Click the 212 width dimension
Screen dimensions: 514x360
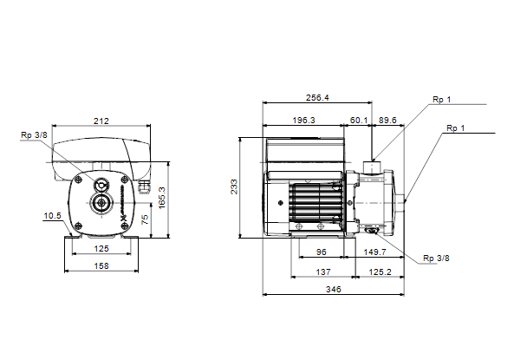[101, 121]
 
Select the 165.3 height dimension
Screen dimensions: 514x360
[162, 198]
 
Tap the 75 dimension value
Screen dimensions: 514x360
[145, 219]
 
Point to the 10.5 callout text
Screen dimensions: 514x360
[53, 216]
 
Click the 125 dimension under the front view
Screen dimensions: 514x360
[101, 249]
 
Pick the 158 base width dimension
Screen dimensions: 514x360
[101, 265]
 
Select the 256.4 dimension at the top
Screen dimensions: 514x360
[317, 98]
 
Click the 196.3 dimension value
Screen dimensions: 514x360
[303, 121]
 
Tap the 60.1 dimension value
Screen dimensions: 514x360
[359, 121]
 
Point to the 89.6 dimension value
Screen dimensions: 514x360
[387, 121]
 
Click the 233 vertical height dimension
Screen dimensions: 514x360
[234, 187]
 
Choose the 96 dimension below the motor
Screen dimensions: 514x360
[322, 252]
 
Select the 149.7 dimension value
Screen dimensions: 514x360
[374, 252]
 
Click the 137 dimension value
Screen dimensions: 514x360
[323, 272]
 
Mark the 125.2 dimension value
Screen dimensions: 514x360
[380, 272]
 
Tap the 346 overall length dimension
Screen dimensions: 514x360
[334, 290]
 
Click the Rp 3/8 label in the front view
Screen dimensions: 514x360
[34, 134]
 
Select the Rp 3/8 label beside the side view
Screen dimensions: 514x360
[436, 259]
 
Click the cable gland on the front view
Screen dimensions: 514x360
[144, 187]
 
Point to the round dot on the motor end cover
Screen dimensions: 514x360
[280, 203]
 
